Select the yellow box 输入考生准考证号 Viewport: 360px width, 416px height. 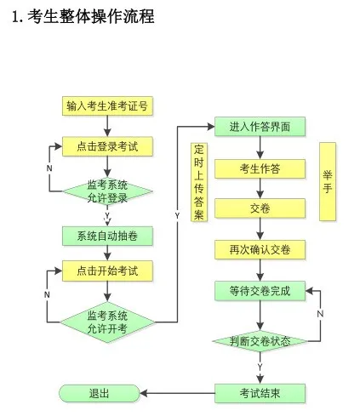coord(107,106)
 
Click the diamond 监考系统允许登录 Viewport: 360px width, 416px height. coord(107,191)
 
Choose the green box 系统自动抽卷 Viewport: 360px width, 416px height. coord(107,236)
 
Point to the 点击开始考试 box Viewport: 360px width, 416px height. coord(107,272)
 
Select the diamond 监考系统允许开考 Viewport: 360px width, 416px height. coord(107,322)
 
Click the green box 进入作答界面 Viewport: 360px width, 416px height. coord(260,127)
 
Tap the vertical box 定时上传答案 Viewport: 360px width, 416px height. coord(198,181)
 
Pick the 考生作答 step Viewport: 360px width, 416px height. coord(260,168)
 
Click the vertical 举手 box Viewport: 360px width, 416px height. coord(328,181)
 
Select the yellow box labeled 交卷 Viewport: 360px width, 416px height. coord(260,208)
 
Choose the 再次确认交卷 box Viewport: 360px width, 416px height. coord(260,249)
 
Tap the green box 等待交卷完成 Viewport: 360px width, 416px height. coord(260,290)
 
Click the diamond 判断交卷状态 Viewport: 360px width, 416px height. coord(260,341)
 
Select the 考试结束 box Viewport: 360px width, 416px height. coord(260,392)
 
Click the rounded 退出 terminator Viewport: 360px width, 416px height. coord(99,392)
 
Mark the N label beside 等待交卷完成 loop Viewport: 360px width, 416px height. coord(320,314)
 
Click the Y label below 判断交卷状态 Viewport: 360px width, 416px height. coord(259,366)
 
